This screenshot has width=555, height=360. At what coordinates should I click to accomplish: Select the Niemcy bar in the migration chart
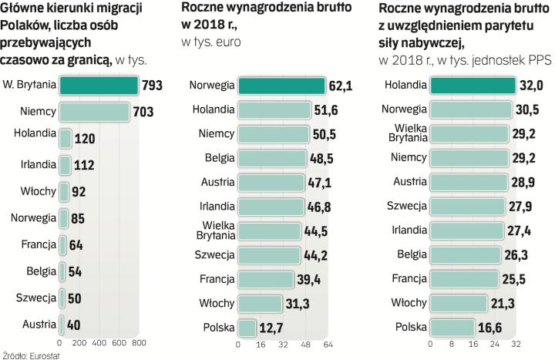pos(94,112)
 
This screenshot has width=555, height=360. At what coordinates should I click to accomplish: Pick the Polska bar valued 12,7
pos(247,328)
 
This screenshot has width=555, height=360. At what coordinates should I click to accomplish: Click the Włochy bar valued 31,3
pos(261,304)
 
